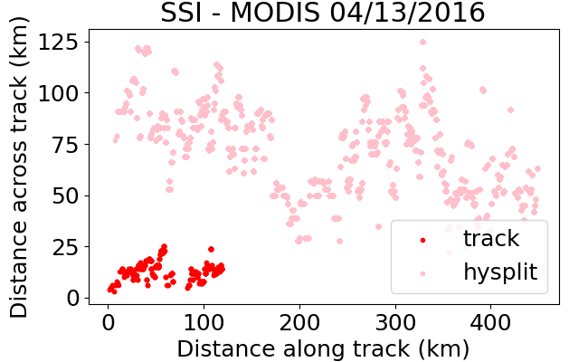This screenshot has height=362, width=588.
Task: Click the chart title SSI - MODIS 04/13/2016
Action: click(x=323, y=13)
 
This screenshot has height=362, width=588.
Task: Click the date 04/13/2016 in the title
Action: click(x=407, y=13)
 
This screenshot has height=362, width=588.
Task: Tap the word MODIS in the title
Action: click(x=274, y=13)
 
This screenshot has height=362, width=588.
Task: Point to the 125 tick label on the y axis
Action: click(x=59, y=42)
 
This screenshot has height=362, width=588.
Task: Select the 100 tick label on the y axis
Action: click(x=59, y=93)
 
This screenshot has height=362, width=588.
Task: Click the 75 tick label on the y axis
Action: click(x=65, y=145)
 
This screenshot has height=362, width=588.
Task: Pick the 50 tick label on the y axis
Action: click(x=65, y=195)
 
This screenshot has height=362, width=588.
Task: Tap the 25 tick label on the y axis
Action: click(x=65, y=247)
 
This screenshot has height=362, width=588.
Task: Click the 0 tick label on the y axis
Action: click(x=72, y=298)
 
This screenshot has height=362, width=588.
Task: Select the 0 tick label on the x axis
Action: click(x=108, y=322)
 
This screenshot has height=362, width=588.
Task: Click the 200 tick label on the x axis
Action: click(x=299, y=322)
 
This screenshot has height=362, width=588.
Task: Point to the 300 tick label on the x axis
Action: click(x=395, y=322)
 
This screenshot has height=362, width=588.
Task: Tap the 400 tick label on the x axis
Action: click(x=491, y=322)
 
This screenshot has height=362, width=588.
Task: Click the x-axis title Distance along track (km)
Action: click(x=323, y=348)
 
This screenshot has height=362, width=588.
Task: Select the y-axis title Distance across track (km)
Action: click(x=19, y=167)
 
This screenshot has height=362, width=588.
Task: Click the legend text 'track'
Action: click(x=491, y=238)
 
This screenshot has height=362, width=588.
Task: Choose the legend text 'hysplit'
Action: click(x=500, y=271)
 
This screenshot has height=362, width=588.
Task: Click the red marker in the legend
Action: click(x=422, y=240)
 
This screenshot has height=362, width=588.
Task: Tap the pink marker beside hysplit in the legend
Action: click(x=422, y=274)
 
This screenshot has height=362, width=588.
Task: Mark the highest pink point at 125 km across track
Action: click(x=422, y=42)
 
